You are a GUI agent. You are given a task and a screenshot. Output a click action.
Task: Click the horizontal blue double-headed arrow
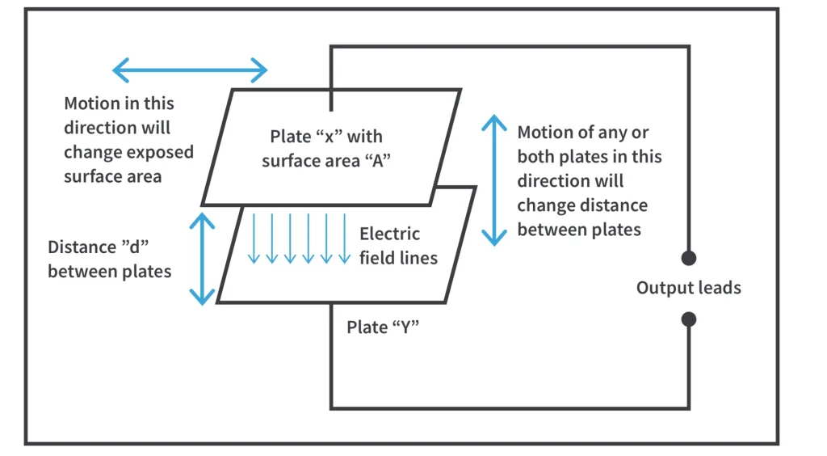(190, 70)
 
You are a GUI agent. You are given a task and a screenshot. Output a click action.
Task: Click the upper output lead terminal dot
(688, 258)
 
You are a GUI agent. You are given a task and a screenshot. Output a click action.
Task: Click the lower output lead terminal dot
(688, 319)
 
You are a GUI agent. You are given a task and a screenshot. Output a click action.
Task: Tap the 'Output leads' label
(688, 289)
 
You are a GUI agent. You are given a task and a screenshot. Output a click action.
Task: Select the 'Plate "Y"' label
(383, 327)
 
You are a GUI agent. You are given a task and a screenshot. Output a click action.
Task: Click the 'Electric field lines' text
(398, 246)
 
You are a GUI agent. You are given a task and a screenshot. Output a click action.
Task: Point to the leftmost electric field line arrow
(254, 238)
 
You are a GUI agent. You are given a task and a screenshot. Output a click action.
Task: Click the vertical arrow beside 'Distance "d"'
(202, 259)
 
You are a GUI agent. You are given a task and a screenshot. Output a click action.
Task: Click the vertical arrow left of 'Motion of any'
(494, 179)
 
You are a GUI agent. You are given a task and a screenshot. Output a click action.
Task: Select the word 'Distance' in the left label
(82, 247)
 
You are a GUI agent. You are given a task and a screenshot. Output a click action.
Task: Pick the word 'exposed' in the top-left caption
(165, 152)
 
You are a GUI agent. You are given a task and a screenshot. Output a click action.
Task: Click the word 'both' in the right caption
(535, 156)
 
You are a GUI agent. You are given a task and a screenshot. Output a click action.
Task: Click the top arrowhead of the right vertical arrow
(494, 120)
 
